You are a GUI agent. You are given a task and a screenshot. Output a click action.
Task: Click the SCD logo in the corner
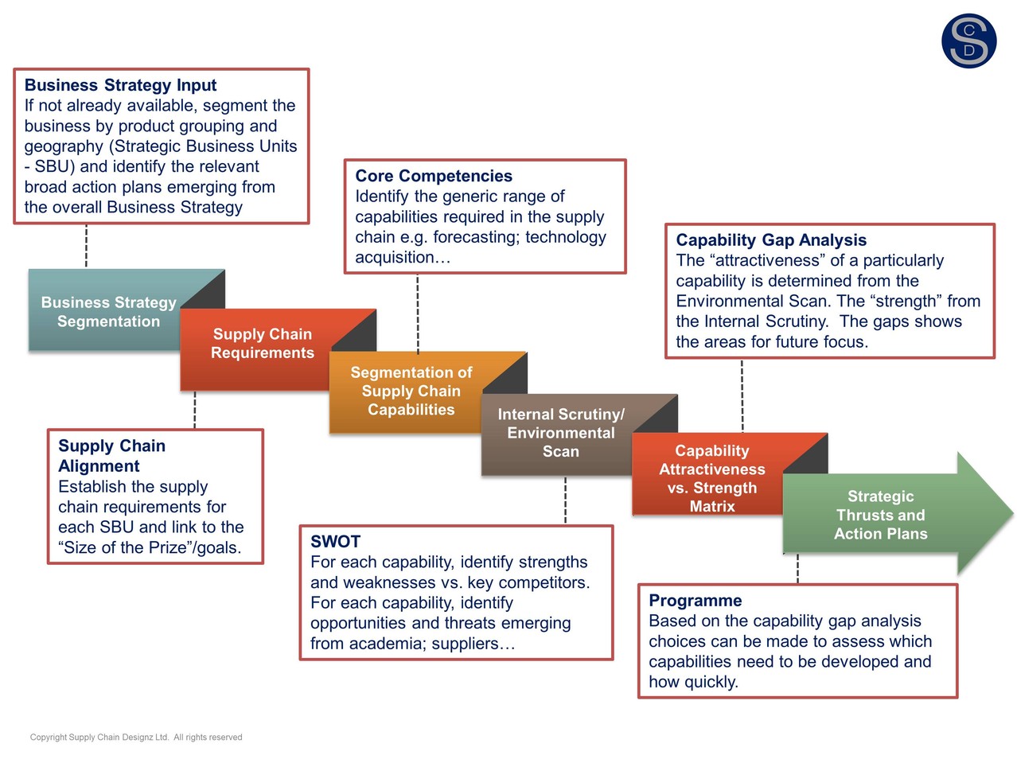click(x=968, y=41)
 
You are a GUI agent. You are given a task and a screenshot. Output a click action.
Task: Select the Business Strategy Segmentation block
click(x=108, y=312)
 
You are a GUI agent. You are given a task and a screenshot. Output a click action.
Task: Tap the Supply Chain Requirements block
click(x=262, y=344)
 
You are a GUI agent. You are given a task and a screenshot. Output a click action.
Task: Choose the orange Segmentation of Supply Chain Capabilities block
click(x=411, y=391)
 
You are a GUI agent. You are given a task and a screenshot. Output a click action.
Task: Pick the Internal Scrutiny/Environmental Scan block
click(x=561, y=433)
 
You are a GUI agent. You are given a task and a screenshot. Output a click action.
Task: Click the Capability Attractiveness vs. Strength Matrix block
click(x=711, y=477)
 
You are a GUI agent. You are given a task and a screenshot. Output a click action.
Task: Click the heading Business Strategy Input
click(x=120, y=85)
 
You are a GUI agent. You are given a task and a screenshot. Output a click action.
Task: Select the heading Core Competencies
click(x=434, y=176)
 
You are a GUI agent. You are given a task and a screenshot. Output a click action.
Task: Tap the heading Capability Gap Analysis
click(x=771, y=240)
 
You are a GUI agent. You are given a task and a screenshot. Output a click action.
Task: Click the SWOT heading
click(x=335, y=542)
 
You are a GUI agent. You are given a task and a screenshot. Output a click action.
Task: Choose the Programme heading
click(x=695, y=601)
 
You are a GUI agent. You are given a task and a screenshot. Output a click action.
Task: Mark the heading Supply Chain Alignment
click(x=111, y=456)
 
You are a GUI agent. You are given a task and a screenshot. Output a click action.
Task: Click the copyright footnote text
click(x=136, y=738)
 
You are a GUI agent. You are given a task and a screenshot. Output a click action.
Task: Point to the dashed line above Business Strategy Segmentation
click(x=86, y=246)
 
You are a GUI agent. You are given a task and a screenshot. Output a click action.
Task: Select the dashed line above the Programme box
click(x=797, y=569)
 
